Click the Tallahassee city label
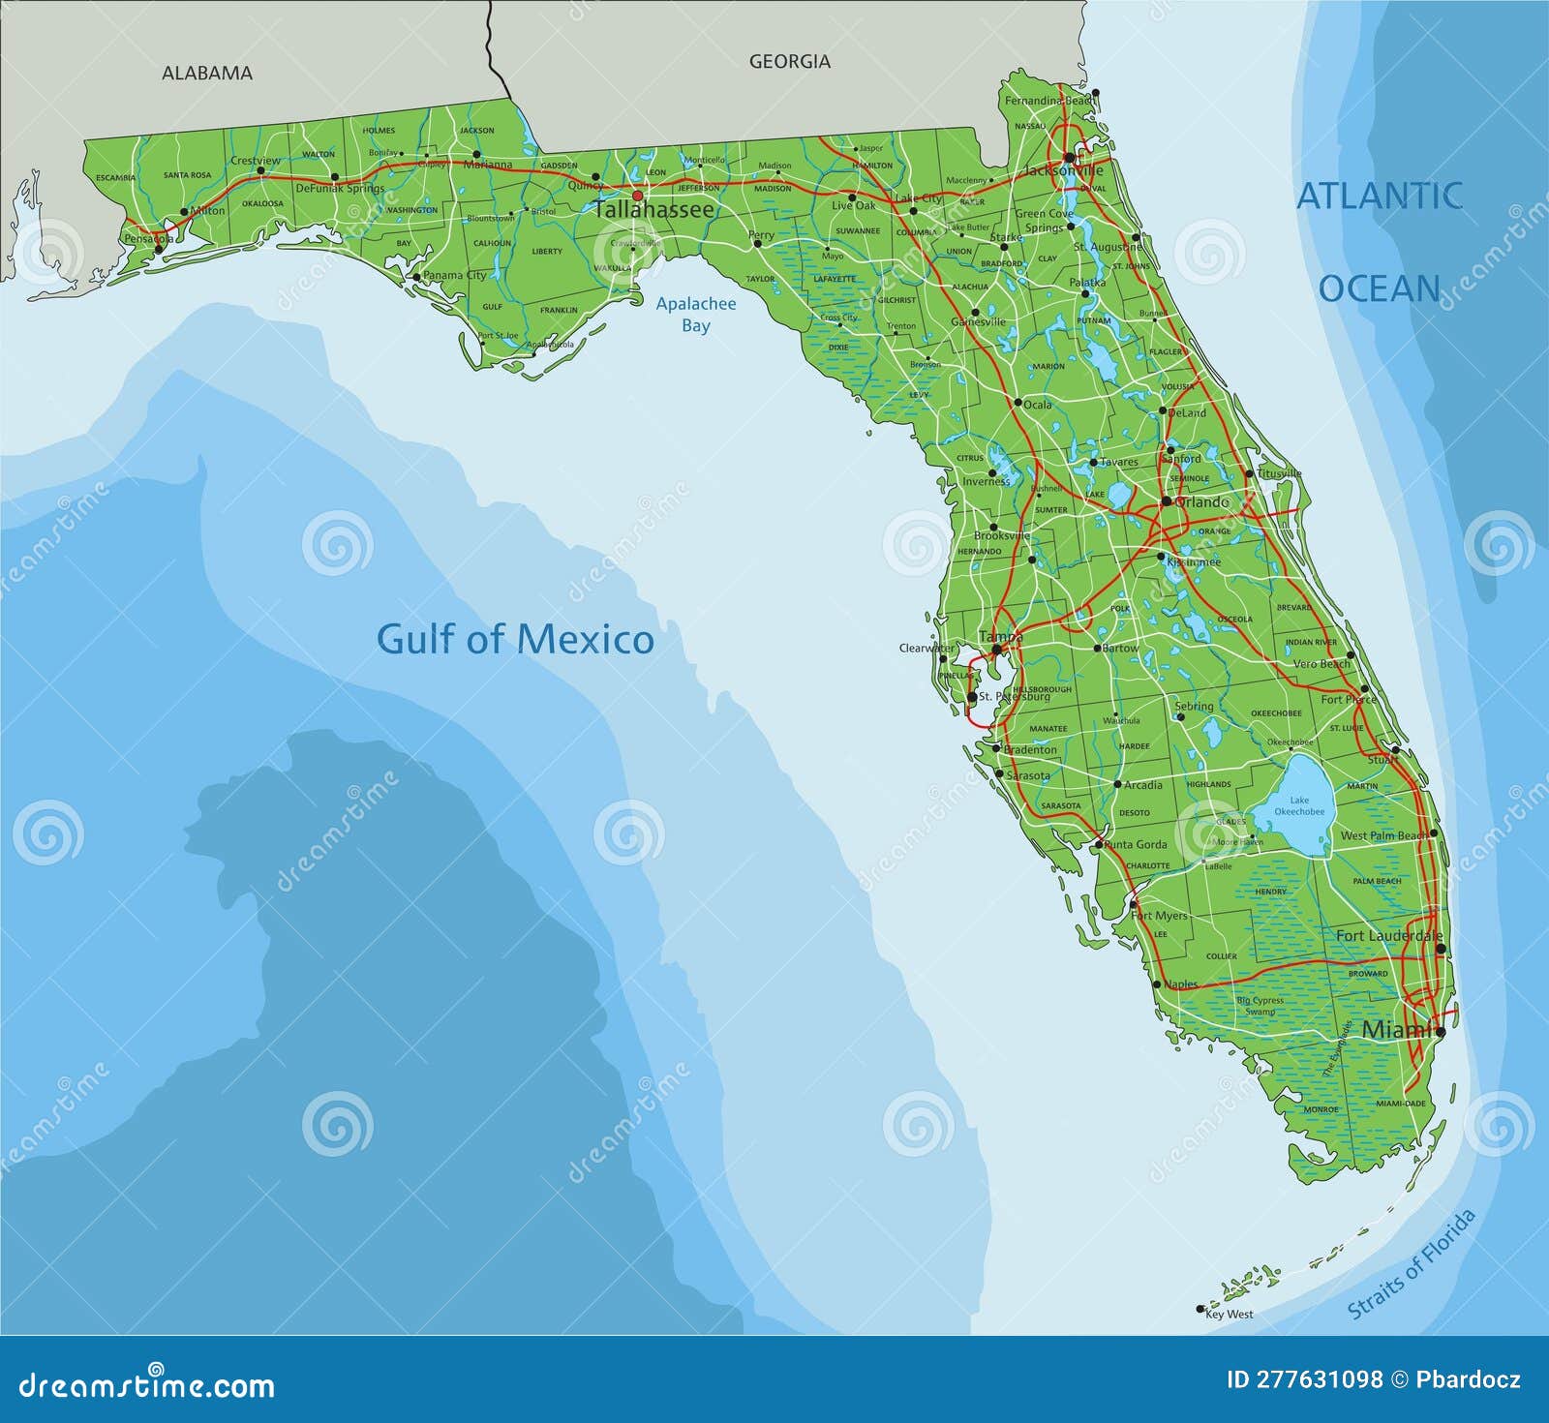tap(653, 210)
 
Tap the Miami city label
tap(1397, 1030)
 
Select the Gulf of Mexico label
tap(515, 640)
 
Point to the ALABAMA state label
tap(207, 73)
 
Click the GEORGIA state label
tap(789, 61)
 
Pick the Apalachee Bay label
tap(696, 314)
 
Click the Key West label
tap(1229, 1314)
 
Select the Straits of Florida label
tap(1412, 1263)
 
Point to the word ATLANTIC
tap(1380, 196)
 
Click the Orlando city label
tap(1201, 502)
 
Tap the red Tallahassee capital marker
tap(637, 196)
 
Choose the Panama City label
tap(455, 275)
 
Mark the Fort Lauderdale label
tap(1389, 935)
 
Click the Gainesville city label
tap(978, 321)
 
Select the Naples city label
tap(1180, 984)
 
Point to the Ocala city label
tap(1037, 405)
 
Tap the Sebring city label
tap(1194, 706)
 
